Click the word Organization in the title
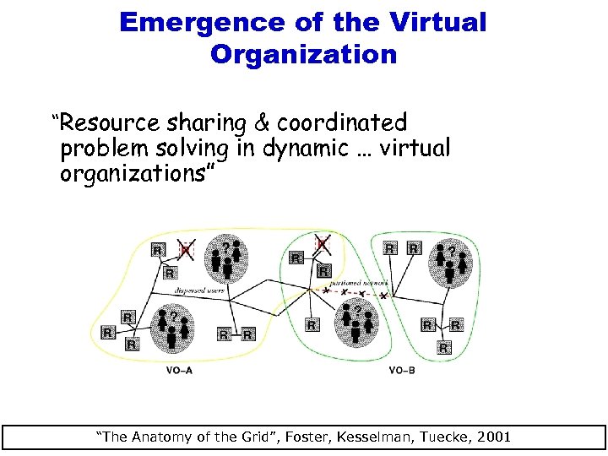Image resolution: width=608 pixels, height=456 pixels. coord(303,55)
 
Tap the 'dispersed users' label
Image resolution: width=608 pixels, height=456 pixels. coord(198,288)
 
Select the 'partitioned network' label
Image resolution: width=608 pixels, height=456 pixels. coord(359,282)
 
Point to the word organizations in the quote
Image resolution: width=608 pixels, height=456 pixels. coord(138,175)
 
